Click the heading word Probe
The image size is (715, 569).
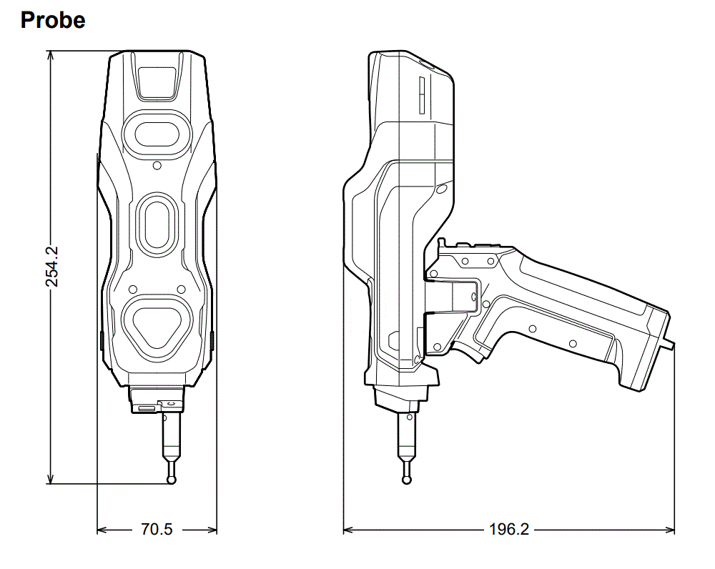[x=53, y=20]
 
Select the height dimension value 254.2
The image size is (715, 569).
[x=52, y=267]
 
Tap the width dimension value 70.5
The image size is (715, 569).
[x=157, y=530]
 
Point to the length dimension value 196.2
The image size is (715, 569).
[x=508, y=530]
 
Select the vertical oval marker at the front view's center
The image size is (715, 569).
[x=156, y=224]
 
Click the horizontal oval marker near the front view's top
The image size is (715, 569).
[x=157, y=132]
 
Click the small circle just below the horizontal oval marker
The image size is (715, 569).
[x=157, y=165]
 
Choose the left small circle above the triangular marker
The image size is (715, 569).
[x=132, y=290]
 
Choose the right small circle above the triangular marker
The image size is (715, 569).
[x=181, y=290]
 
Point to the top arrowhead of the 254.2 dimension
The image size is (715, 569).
[x=50, y=56]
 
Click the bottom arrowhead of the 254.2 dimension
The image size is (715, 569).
[x=50, y=478]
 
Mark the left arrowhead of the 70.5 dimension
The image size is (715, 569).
[x=102, y=530]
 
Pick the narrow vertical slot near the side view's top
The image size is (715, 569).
[x=421, y=96]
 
